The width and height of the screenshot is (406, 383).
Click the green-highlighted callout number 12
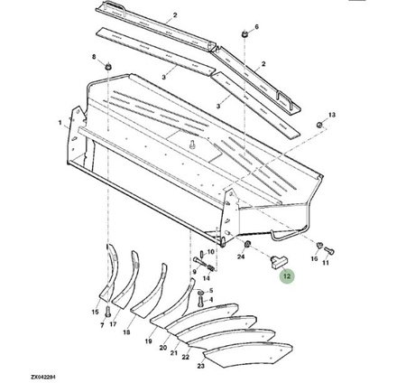[x=287, y=276]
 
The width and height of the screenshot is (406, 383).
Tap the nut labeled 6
[x=245, y=33]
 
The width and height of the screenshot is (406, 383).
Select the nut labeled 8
[x=108, y=66]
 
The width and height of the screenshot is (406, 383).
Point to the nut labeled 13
[x=320, y=125]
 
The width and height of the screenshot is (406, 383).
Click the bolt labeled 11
[x=329, y=250]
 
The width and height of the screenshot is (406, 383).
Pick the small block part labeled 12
[x=280, y=261]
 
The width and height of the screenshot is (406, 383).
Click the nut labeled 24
[x=247, y=244]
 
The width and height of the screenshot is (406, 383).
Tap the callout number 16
[x=314, y=258]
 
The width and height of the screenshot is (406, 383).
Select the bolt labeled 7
[x=108, y=311]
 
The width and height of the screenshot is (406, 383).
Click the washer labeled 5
[x=200, y=293]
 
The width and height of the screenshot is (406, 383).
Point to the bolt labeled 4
[x=199, y=302]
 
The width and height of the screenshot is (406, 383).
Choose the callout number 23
[x=200, y=366]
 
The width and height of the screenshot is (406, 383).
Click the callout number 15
[x=95, y=312]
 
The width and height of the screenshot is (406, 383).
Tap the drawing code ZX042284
[x=43, y=377]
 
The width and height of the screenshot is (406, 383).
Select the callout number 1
[x=60, y=123]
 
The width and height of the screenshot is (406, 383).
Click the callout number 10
[x=211, y=251]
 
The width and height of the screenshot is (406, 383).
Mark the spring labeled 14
[x=210, y=267]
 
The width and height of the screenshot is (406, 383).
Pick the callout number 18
[x=126, y=332]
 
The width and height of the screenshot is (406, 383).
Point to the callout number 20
[x=162, y=348]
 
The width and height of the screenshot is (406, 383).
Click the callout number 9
[x=194, y=272]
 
